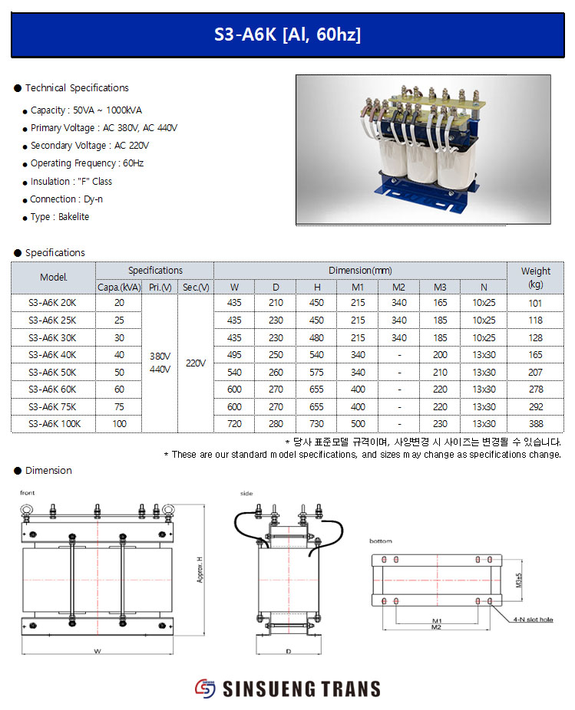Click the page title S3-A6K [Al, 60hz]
287,35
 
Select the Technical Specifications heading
77,88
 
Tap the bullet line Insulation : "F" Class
71,182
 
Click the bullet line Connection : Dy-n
66,199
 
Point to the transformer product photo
423,150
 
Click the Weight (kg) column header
535,277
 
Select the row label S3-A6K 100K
54,423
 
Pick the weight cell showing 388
535,423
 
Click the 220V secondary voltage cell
196,363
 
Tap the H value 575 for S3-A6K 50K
316,372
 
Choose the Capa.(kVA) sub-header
119,288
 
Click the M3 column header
440,288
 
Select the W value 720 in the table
234,423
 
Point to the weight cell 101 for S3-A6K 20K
535,303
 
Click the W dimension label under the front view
97,651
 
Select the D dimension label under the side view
288,651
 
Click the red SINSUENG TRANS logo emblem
206,688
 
